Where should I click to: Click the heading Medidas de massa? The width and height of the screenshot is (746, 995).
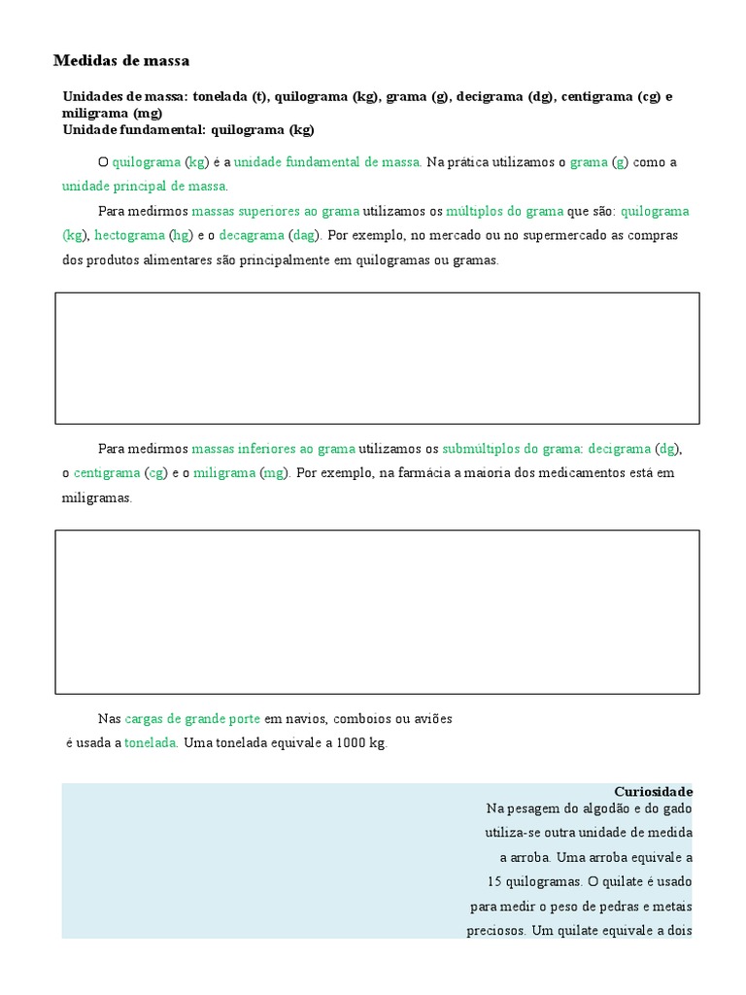pyautogui.click(x=121, y=61)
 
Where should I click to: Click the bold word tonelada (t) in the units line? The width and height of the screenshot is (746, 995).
pyautogui.click(x=229, y=96)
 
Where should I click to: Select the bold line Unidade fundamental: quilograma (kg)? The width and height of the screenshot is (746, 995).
pyautogui.click(x=188, y=129)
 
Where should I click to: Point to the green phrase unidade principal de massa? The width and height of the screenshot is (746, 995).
pyautogui.click(x=144, y=186)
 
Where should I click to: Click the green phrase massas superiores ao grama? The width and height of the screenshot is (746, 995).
pyautogui.click(x=276, y=211)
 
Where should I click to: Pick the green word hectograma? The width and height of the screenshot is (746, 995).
pyautogui.click(x=129, y=235)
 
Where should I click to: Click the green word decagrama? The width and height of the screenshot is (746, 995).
pyautogui.click(x=252, y=235)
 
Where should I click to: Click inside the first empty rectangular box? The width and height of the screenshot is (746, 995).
pyautogui.click(x=377, y=359)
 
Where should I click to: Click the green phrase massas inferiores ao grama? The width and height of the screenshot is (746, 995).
pyautogui.click(x=274, y=449)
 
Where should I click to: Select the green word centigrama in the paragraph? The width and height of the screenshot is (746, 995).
pyautogui.click(x=107, y=473)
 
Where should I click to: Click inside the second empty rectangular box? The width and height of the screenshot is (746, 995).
pyautogui.click(x=377, y=611)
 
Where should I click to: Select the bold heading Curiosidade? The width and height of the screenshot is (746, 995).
pyautogui.click(x=654, y=792)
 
